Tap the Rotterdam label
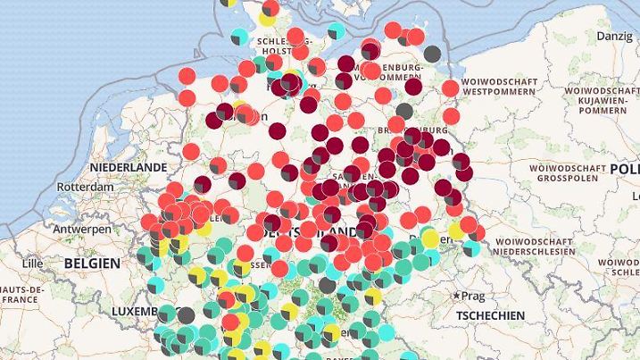tap(85, 188)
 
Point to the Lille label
tap(32, 264)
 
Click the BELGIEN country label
tap(91, 264)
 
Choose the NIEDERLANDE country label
tap(129, 167)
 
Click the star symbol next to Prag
tap(457, 295)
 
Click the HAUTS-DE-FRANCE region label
tap(22, 296)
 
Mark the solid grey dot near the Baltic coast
tap(432, 54)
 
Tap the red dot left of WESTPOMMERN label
tap(450, 88)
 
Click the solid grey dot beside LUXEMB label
tap(186, 314)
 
